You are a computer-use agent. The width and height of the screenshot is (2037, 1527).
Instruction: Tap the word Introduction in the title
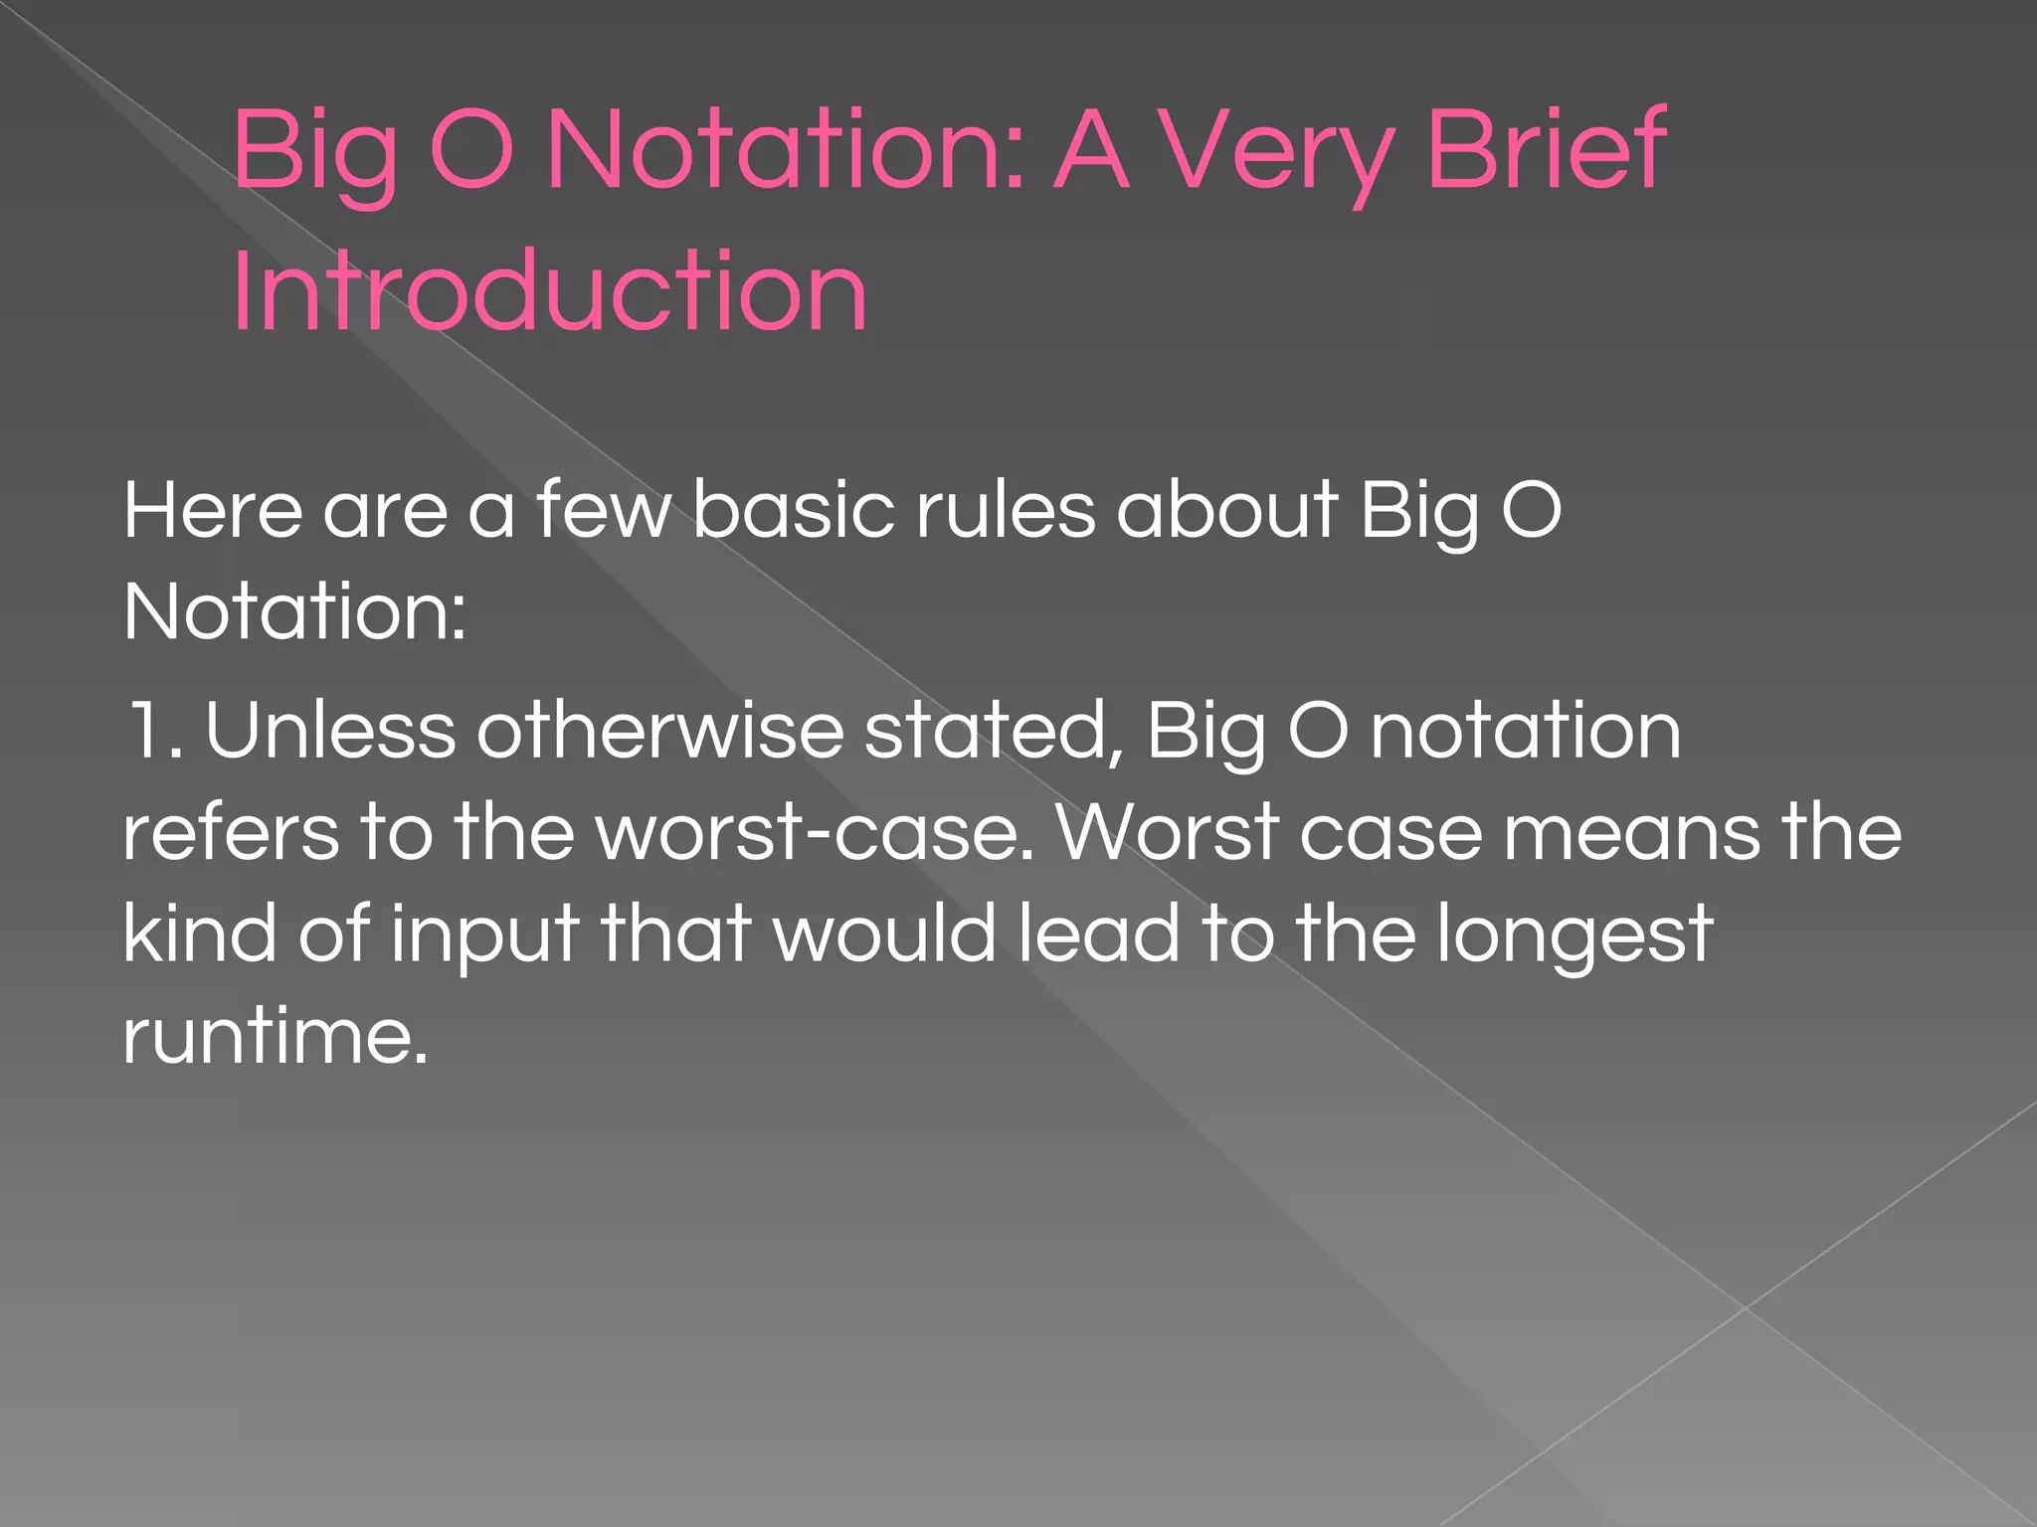coord(550,291)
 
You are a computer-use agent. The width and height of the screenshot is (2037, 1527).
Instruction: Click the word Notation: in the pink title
coord(786,149)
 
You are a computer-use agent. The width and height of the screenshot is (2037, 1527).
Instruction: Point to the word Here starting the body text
coord(212,510)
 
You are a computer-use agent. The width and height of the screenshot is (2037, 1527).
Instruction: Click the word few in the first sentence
coord(605,510)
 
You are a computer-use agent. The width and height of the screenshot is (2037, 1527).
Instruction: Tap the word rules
coord(1006,510)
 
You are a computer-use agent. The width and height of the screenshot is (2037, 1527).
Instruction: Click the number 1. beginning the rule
coord(153,732)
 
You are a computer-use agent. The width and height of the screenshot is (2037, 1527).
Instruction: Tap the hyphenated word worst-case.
coord(816,833)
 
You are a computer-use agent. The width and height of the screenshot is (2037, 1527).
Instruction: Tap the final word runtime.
coord(276,1037)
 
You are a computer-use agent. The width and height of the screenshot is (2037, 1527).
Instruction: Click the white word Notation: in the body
coord(294,612)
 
